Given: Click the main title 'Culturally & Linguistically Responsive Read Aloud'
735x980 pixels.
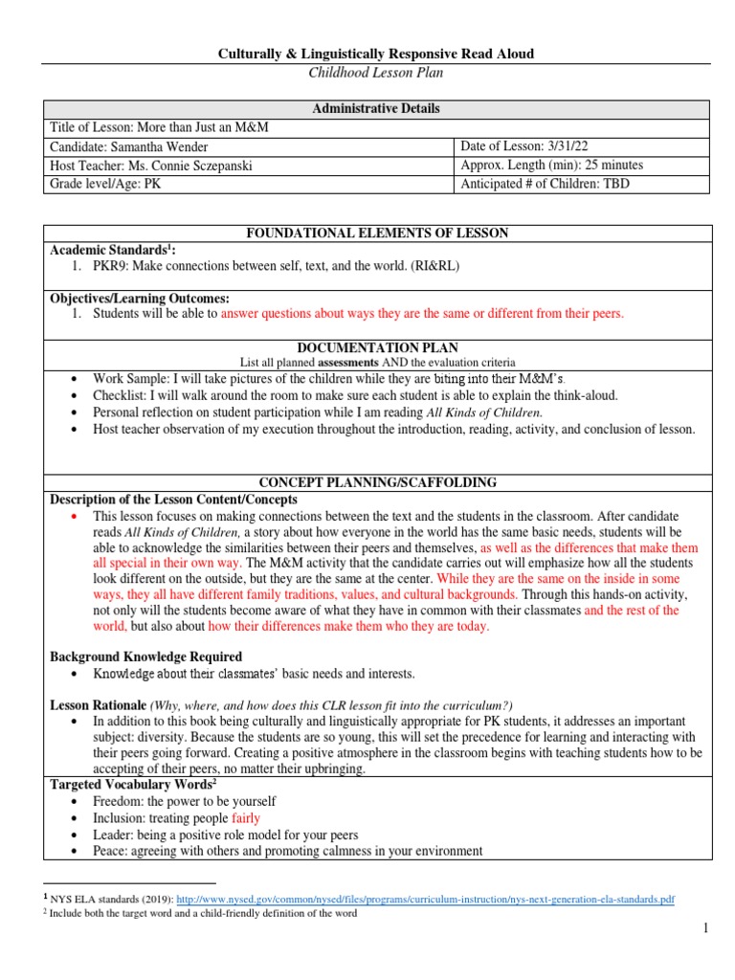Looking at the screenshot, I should coord(376,54).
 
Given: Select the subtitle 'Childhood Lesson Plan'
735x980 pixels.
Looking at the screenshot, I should coord(376,72).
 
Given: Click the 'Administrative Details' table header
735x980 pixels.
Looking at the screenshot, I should coord(376,108).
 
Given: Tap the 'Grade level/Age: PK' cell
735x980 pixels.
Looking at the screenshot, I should coord(105,184).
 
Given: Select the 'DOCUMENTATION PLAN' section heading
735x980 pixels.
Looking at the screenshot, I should coord(376,348).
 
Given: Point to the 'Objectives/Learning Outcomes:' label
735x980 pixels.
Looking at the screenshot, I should coord(140,299).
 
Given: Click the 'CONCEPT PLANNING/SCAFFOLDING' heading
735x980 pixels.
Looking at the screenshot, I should coord(376,481).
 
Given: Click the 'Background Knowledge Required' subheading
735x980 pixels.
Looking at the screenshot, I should coord(145,657).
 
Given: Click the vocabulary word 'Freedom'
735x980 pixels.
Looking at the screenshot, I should coord(118,801).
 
